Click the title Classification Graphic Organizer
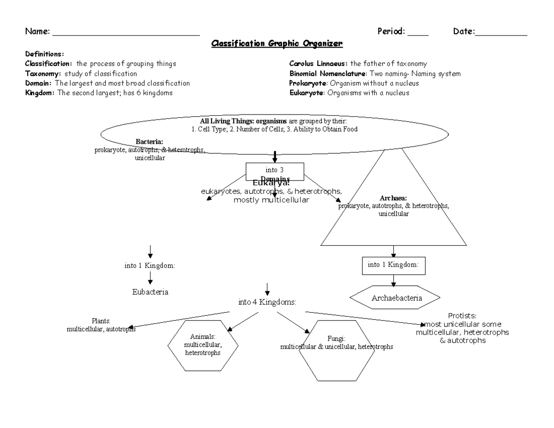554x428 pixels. [277, 44]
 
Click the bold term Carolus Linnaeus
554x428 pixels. [319, 64]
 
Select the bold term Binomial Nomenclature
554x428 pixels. [327, 73]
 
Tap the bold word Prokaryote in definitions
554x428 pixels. [308, 83]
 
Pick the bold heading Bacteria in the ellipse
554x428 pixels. [149, 142]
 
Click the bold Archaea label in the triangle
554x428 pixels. [393, 199]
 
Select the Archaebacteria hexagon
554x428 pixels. [397, 298]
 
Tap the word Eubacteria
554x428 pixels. [150, 292]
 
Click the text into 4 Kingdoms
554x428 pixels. [267, 302]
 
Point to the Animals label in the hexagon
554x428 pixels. [203, 337]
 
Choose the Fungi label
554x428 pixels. [336, 338]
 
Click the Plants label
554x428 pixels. [101, 321]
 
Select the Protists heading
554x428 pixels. [462, 316]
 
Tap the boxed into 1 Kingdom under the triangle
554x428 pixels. [393, 265]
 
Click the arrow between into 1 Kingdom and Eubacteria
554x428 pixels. [150, 278]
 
